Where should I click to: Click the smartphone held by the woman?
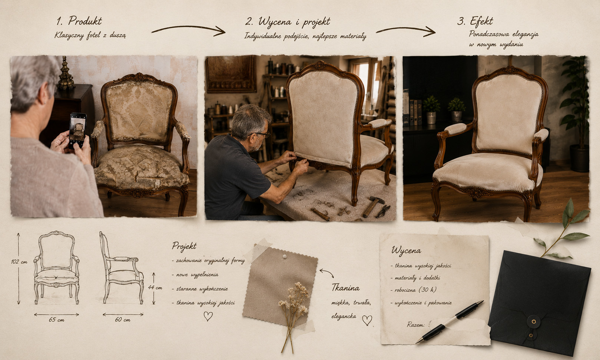coord(78,131)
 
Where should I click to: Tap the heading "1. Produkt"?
coord(79,21)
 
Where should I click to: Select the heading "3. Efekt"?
coord(475,21)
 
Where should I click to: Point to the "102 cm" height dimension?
coord(19,262)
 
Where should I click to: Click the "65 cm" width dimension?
coord(57,320)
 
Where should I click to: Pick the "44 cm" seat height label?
coord(155,288)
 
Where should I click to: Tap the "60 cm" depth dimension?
coord(123,320)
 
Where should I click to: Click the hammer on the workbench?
coord(373,206)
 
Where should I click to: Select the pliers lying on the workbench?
coord(383,211)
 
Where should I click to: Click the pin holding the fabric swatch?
coord(285,257)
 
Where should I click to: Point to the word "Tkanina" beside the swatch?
coord(345,288)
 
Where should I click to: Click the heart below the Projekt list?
coord(208,316)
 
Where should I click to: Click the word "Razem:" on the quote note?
coord(415,325)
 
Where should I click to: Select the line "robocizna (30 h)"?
coord(415,290)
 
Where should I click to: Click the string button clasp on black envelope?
coord(534,321)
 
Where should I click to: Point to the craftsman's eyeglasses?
coord(261,134)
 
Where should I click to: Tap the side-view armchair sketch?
coord(122,268)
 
